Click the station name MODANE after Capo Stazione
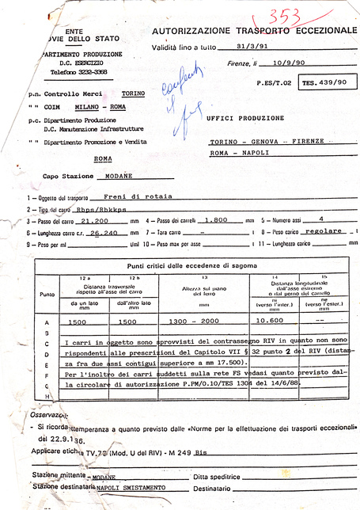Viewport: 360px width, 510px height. coord(116,177)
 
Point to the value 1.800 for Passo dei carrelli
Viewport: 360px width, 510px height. coord(216,222)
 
